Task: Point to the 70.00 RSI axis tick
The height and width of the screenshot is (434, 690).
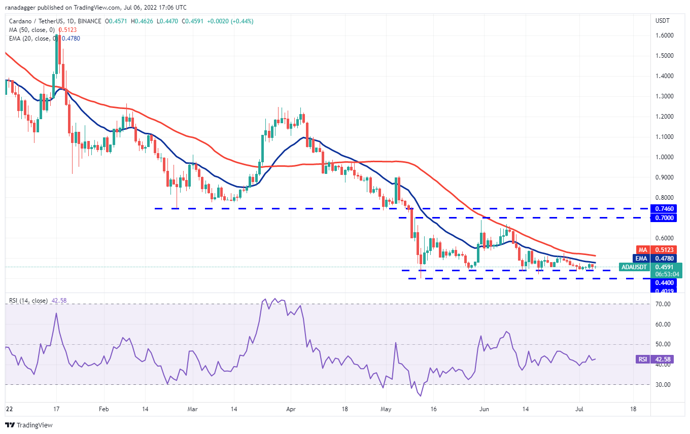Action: (x=663, y=304)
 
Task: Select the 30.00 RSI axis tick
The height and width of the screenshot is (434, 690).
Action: (x=663, y=385)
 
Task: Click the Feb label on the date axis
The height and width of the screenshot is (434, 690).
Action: (x=103, y=408)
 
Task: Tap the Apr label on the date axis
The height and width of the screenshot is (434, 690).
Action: (x=291, y=408)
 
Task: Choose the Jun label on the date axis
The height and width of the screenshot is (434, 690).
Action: (x=484, y=408)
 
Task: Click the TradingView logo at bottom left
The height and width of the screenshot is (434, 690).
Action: (x=29, y=425)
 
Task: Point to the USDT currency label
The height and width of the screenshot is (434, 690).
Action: (x=663, y=21)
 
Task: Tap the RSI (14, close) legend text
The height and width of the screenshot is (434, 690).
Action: (x=28, y=301)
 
